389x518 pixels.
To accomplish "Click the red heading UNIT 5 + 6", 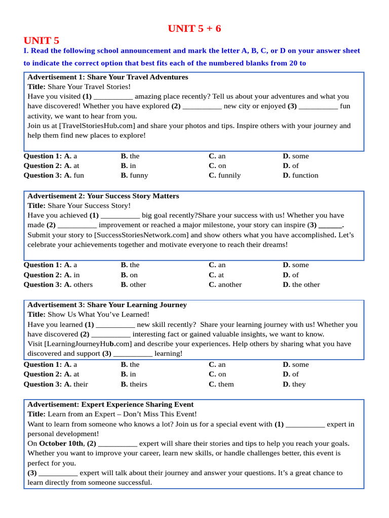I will (194, 29).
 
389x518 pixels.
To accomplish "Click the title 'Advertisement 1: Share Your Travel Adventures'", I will (107, 77).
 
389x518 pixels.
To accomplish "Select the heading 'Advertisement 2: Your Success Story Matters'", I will (103, 196).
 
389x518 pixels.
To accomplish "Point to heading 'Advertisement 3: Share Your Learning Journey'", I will (107, 305).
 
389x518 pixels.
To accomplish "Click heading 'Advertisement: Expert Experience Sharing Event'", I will (110, 405).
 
